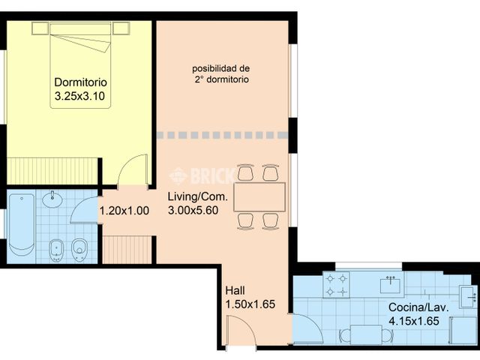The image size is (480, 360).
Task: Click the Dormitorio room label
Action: click(80, 82)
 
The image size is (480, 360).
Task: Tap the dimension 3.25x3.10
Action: click(79, 96)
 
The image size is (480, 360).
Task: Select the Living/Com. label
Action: click(198, 196)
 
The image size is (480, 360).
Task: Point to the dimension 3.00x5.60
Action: click(193, 210)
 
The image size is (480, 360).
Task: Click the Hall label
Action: click(235, 290)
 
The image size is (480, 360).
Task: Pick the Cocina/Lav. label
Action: click(418, 307)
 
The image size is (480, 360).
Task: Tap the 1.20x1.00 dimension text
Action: click(124, 211)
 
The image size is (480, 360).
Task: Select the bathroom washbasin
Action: click(52, 199)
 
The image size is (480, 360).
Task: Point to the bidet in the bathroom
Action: click(56, 250)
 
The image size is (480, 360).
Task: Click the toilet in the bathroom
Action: click(79, 250)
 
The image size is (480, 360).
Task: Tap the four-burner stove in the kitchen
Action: click(337, 285)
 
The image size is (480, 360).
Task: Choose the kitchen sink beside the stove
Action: click(390, 285)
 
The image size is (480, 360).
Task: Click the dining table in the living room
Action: click(259, 196)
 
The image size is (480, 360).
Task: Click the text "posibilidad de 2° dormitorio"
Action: click(221, 74)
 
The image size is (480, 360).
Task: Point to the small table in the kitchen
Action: click(366, 334)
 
